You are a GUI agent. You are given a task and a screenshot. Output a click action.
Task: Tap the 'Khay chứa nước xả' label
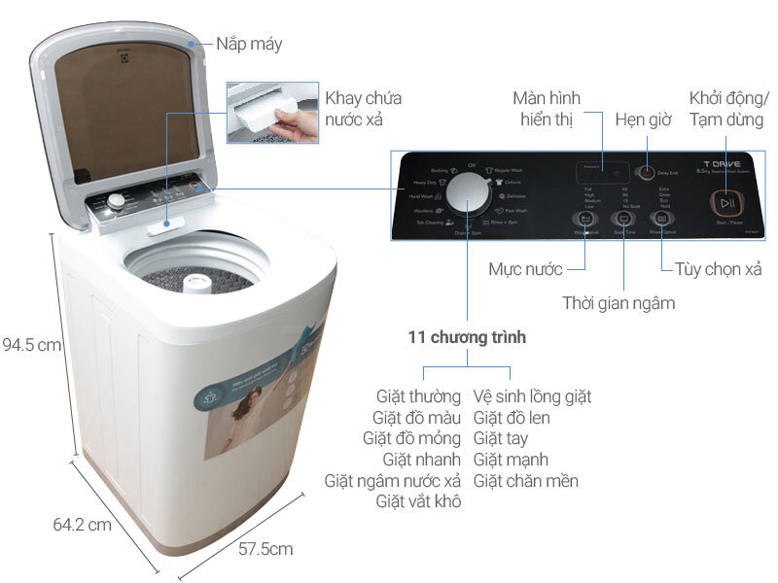click(363, 109)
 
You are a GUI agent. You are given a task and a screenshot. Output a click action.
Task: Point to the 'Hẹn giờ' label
click(642, 120)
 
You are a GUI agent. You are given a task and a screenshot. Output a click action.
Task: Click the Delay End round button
click(646, 173)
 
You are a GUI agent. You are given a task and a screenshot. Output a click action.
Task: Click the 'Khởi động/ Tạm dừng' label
click(728, 109)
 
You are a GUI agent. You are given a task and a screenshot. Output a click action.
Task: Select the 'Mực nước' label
click(526, 267)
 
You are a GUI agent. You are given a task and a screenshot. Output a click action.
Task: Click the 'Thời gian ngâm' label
click(619, 303)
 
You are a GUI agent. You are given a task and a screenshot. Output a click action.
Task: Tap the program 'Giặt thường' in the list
click(418, 396)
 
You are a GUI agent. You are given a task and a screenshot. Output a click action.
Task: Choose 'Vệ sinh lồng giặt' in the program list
click(532, 396)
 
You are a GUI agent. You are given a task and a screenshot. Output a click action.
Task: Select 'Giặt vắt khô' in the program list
click(418, 501)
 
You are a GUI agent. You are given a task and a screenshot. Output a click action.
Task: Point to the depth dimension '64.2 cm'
click(82, 526)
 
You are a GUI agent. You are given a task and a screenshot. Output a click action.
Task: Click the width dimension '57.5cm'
click(265, 549)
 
